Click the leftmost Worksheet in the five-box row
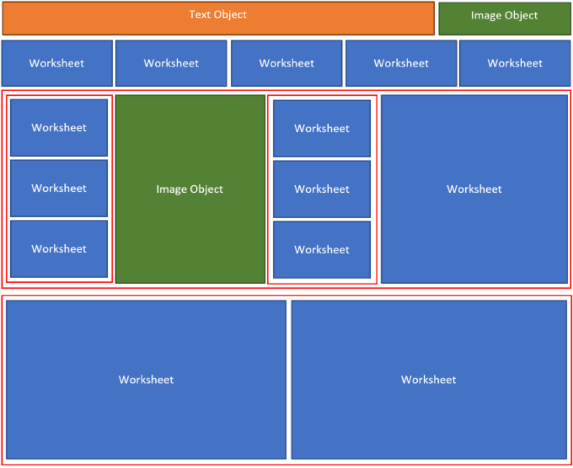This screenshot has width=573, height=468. pos(57,63)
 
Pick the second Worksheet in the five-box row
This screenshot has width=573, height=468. pos(171,63)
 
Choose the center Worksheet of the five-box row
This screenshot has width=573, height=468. pos(286,63)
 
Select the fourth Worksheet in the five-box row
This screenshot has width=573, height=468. pos(401,63)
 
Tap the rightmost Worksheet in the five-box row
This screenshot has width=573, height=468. pos(515,63)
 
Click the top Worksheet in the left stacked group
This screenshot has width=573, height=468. pos(59,128)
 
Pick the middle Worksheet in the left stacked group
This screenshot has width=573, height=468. pos(59,188)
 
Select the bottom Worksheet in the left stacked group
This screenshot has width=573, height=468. pos(59,249)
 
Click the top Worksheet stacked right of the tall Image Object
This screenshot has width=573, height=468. pos(322,128)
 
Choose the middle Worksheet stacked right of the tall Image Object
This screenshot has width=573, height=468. pos(322,189)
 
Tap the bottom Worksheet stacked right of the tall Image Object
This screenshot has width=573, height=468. pos(322,250)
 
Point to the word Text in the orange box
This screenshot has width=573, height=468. pos(199,15)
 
